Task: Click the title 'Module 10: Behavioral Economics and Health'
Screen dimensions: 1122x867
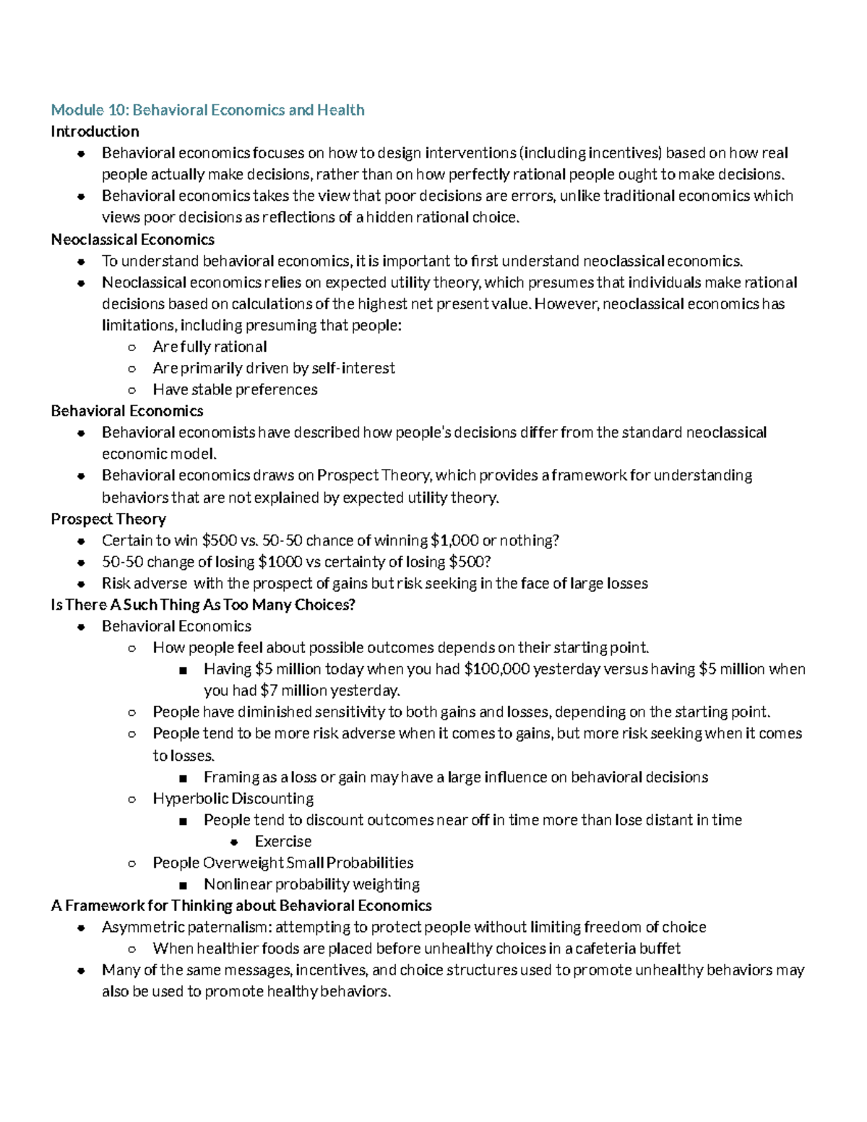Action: click(x=207, y=110)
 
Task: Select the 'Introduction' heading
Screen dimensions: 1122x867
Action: click(x=95, y=131)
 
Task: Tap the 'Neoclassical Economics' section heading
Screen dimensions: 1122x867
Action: click(x=133, y=239)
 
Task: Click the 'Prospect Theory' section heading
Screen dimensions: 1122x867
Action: click(x=108, y=519)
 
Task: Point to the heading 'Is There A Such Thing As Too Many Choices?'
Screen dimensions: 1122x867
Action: click(x=203, y=605)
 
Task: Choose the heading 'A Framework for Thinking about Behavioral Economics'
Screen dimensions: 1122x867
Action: click(x=241, y=905)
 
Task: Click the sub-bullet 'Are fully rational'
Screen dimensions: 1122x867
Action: click(x=210, y=347)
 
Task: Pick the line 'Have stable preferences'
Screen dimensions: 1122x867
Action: click(x=235, y=389)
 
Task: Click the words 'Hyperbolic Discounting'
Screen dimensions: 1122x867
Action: click(x=233, y=798)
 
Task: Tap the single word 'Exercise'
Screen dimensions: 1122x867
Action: click(x=283, y=841)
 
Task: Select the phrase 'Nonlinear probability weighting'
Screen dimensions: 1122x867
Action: click(x=311, y=884)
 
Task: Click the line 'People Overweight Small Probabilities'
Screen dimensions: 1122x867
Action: click(x=282, y=863)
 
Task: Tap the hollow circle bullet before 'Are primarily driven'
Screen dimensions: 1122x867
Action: click(x=131, y=369)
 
